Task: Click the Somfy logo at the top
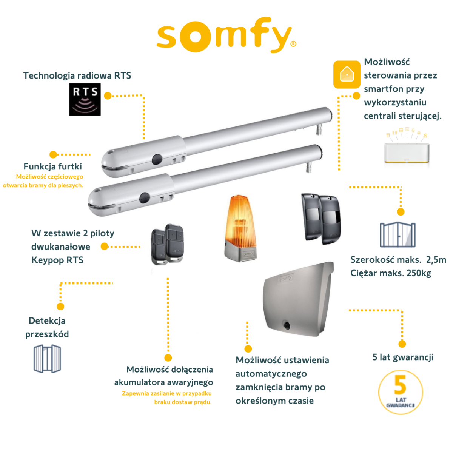(226, 35)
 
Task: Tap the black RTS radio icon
(85, 99)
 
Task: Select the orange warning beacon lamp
(240, 228)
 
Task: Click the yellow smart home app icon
(347, 74)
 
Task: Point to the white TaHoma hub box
(407, 153)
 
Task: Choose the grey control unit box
(298, 299)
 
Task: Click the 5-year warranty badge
(401, 392)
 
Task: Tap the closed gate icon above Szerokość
(398, 234)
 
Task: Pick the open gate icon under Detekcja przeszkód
(47, 359)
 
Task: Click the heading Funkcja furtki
(52, 166)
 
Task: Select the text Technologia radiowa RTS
(77, 75)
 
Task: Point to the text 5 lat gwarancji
(403, 357)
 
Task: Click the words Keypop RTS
(57, 260)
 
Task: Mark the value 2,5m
(436, 259)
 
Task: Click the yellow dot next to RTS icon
(108, 96)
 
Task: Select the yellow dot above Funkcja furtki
(53, 154)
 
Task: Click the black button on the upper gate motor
(157, 159)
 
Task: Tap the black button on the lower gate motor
(145, 198)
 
